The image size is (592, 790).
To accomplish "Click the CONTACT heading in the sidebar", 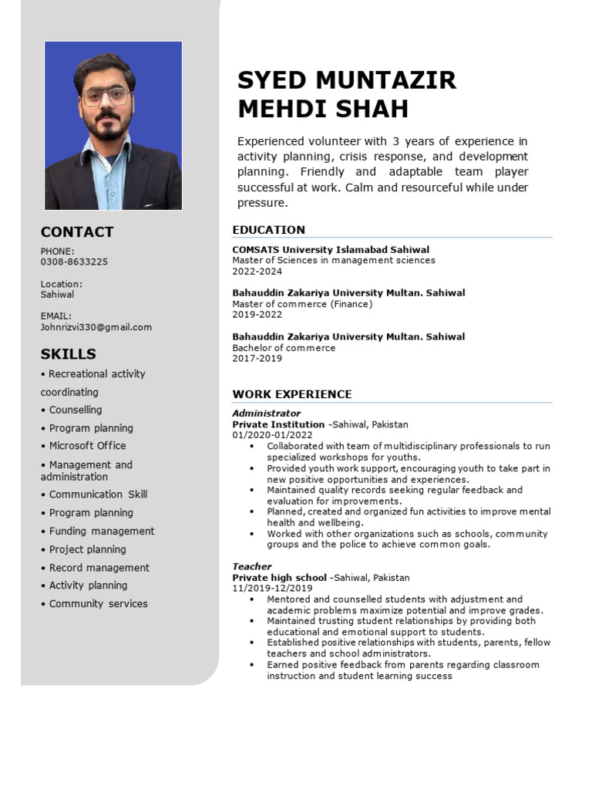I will tap(77, 232).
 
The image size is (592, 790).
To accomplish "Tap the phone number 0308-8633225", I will tap(74, 262).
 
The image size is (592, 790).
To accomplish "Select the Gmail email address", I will tap(96, 327).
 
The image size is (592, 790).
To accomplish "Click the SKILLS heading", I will tap(69, 354).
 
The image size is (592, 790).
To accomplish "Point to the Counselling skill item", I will tap(75, 410).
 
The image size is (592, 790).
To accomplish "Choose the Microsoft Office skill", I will tap(87, 446).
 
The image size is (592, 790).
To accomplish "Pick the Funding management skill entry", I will tap(101, 531).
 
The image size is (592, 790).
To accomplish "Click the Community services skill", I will tap(98, 604).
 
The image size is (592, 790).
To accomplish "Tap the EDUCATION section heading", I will tap(269, 230).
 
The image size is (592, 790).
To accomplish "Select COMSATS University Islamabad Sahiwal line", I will tap(331, 250).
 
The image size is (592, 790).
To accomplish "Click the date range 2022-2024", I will tap(257, 272).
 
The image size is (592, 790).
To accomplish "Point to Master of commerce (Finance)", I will tap(302, 304).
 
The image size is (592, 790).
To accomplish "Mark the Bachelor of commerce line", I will tap(284, 348).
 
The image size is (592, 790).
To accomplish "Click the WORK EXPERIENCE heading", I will tap(292, 394).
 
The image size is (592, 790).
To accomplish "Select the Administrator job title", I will tap(267, 414).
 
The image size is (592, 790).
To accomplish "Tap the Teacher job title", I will tap(252, 566).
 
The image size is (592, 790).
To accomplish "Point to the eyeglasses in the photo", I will tap(106, 96).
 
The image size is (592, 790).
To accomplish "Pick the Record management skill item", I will tap(99, 568).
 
